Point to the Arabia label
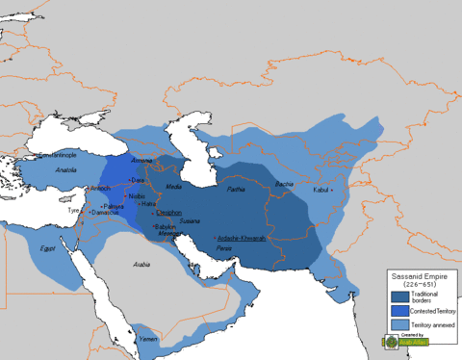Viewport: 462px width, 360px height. point(142,264)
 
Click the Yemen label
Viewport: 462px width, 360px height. point(146,338)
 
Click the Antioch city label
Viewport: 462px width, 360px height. point(99,188)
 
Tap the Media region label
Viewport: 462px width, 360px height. point(174,187)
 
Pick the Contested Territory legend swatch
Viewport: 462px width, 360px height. point(398,311)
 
